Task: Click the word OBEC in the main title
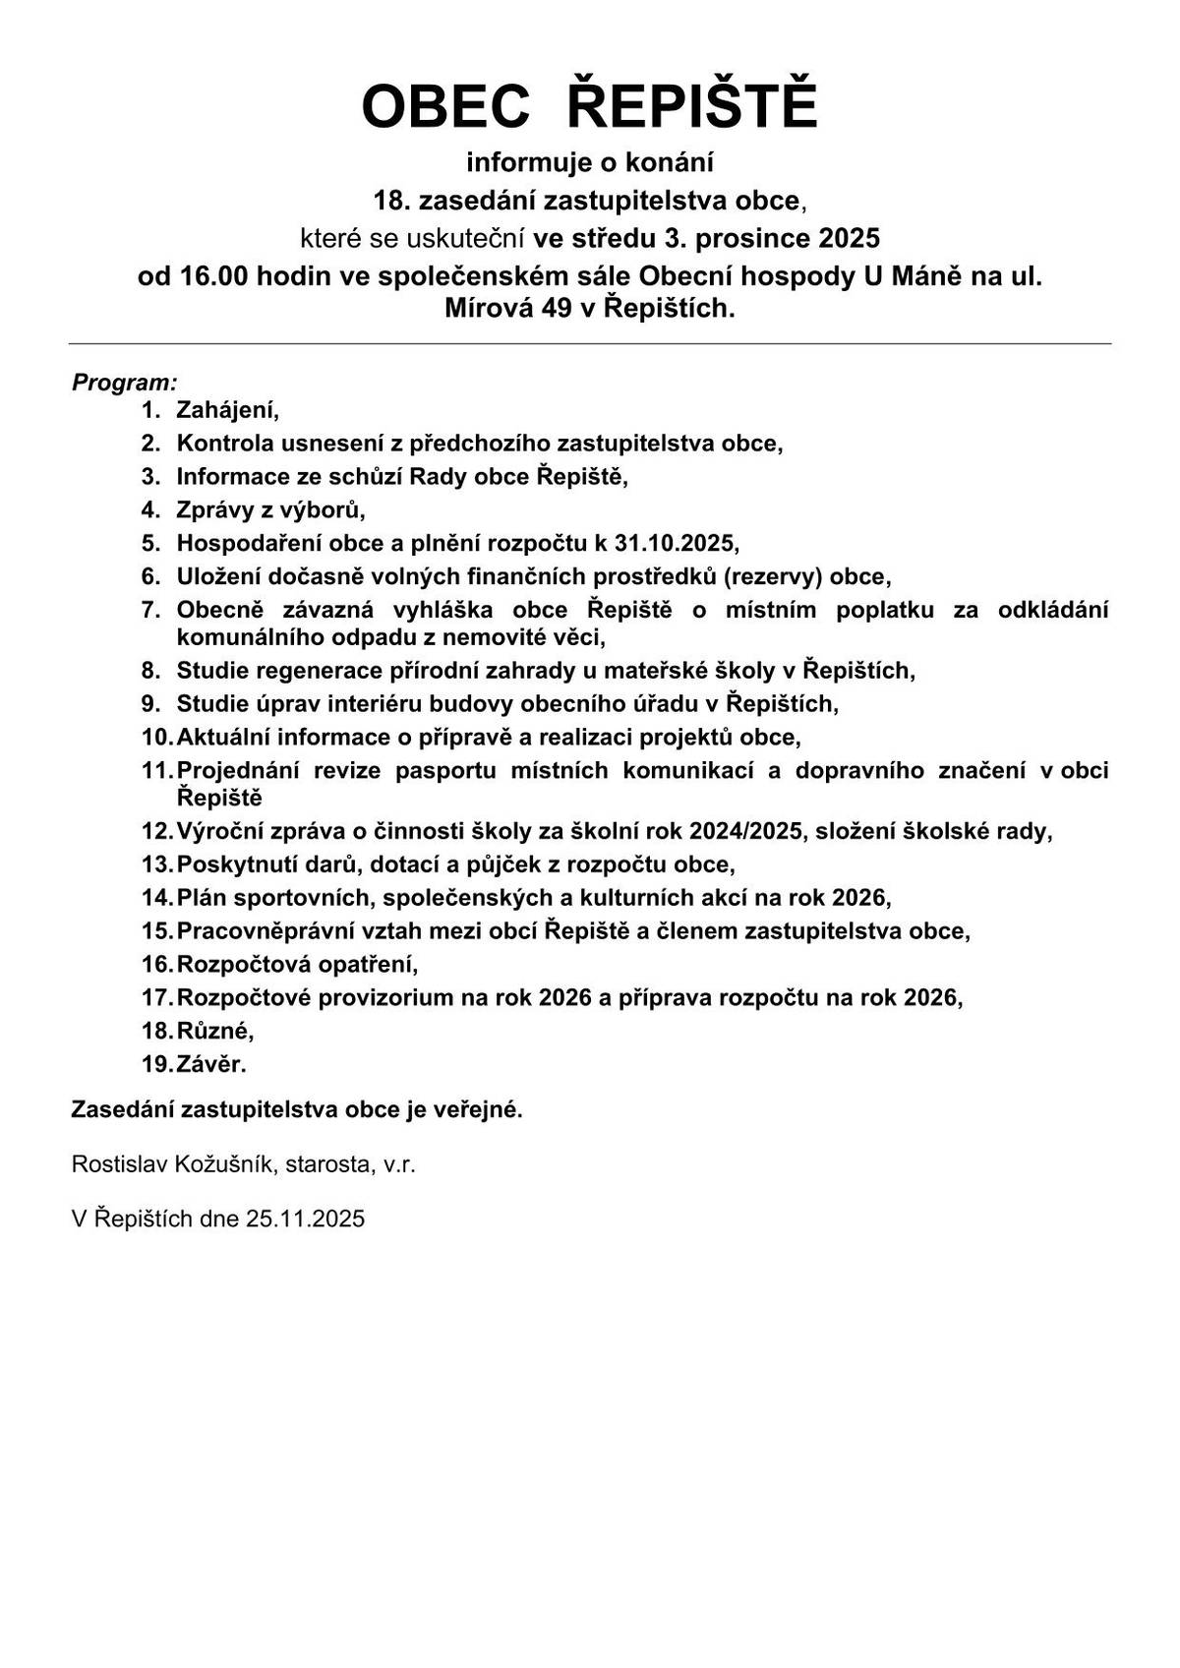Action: [445, 106]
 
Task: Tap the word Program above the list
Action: [122, 382]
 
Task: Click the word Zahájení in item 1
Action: [227, 410]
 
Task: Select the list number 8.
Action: [150, 671]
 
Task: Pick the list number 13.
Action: [155, 864]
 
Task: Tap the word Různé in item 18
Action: [214, 1031]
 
